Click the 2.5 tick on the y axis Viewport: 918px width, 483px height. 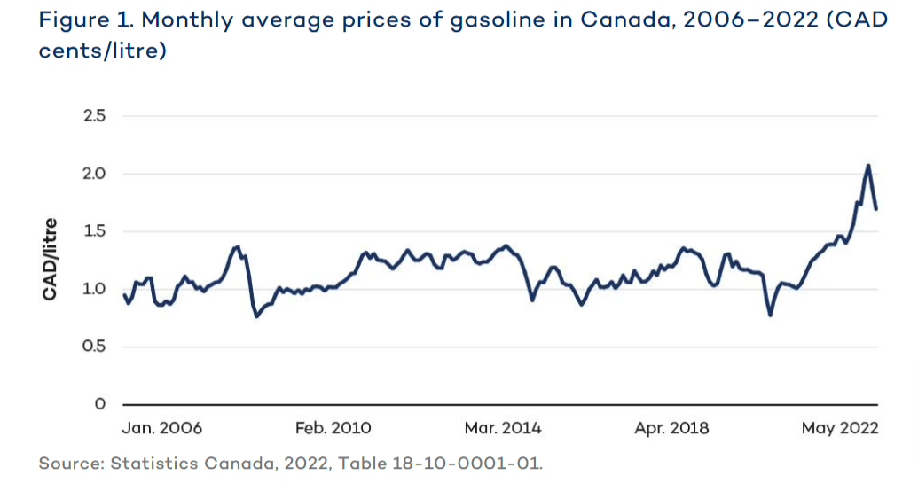[93, 116]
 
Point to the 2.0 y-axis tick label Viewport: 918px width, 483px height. [93, 174]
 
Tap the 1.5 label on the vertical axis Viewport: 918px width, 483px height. [93, 231]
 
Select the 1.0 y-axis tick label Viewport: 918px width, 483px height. [93, 289]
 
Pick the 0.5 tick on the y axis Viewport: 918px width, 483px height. [93, 347]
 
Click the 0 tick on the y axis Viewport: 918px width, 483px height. [100, 404]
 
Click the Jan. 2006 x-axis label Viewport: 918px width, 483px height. [161, 428]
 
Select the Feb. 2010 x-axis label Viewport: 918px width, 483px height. [333, 428]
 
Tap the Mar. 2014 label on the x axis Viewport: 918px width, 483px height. [503, 428]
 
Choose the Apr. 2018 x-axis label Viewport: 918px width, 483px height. [671, 428]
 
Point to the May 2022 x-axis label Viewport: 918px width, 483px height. [839, 428]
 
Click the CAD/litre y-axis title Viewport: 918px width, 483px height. [51, 259]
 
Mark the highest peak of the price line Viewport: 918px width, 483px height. [867, 165]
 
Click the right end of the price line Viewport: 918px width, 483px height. [877, 209]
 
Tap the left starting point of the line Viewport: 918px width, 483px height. [123, 294]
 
